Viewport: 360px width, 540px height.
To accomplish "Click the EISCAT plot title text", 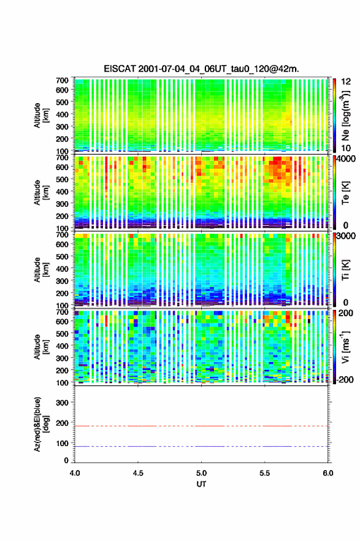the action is (201, 69).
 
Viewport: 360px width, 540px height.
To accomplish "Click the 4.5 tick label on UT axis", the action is (138, 473).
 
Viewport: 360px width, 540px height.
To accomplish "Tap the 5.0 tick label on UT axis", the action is (201, 473).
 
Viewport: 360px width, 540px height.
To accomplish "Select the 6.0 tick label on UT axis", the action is (328, 473).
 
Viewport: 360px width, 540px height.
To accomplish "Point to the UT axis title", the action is (201, 484).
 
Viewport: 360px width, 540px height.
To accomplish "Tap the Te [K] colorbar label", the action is (345, 193).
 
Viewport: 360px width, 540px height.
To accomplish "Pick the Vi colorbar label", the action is (345, 347).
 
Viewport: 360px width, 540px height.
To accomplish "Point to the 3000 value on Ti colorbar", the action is (347, 236).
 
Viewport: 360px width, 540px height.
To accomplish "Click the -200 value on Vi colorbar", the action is (345, 379).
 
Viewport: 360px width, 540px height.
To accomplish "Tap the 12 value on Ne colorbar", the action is (347, 82).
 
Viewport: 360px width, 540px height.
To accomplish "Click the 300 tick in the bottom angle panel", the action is (62, 403).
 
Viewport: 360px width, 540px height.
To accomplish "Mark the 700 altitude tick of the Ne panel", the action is (62, 80).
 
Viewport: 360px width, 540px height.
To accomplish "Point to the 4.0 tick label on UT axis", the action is (75, 473).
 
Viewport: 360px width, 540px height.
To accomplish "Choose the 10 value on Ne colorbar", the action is (347, 148).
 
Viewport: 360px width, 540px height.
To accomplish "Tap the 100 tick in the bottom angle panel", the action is (62, 443).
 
